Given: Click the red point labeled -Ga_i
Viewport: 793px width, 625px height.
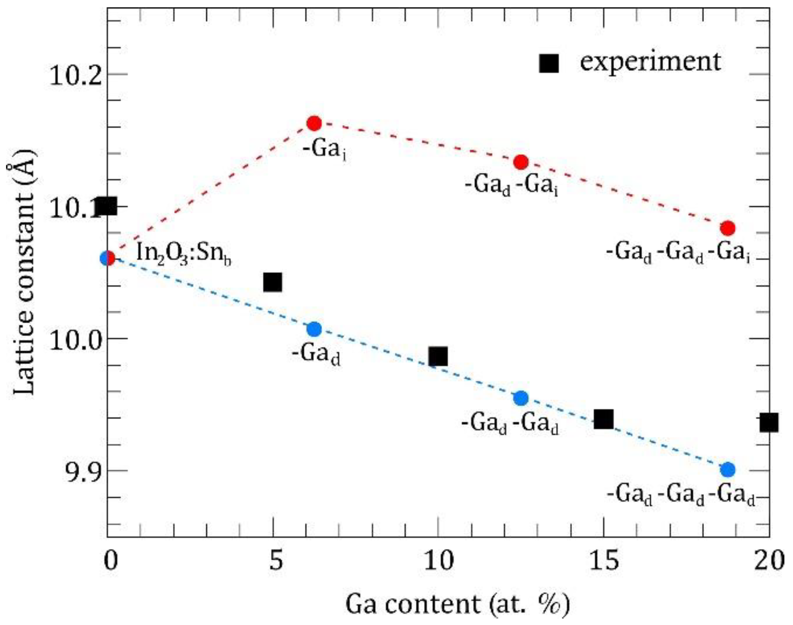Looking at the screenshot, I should point(314,124).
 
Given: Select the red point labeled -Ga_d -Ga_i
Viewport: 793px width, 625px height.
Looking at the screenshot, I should point(521,162).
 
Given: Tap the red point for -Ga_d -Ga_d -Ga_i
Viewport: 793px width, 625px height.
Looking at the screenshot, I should point(728,228).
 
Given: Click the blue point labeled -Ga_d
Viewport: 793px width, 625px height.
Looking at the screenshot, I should point(314,330).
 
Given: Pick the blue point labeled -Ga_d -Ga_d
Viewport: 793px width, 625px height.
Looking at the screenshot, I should point(521,398).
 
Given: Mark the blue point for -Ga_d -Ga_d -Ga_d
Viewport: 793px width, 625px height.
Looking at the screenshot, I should point(728,470).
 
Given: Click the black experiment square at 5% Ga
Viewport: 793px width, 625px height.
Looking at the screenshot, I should point(273,282).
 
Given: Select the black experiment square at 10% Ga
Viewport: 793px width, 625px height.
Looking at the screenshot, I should point(438,356).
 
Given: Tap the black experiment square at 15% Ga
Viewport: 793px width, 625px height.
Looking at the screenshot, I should point(604,419).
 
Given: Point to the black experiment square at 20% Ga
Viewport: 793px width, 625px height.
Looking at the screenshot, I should point(768,423).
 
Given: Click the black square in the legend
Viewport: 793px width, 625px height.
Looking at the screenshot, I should point(549,64).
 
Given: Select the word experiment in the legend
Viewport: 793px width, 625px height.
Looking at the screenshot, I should point(650,62).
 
